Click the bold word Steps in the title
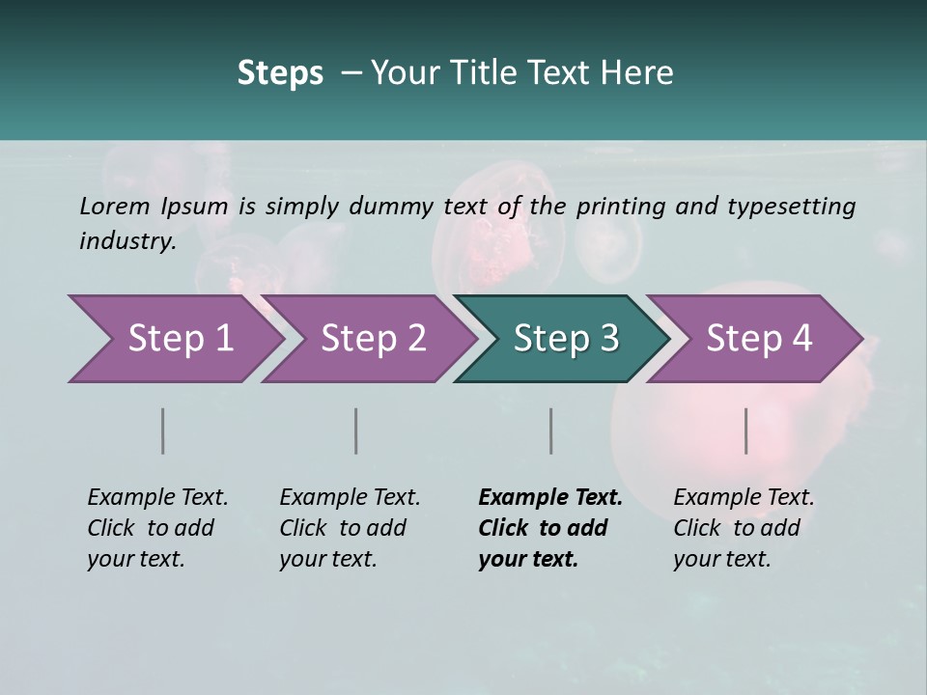[280, 73]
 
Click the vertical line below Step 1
[163, 431]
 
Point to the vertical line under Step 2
[356, 431]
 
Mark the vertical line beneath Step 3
[551, 431]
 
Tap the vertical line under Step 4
[746, 431]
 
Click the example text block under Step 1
[157, 528]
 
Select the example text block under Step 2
[350, 528]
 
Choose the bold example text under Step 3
[550, 528]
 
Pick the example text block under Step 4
[744, 528]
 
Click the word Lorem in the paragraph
[114, 206]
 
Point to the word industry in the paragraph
[126, 241]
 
